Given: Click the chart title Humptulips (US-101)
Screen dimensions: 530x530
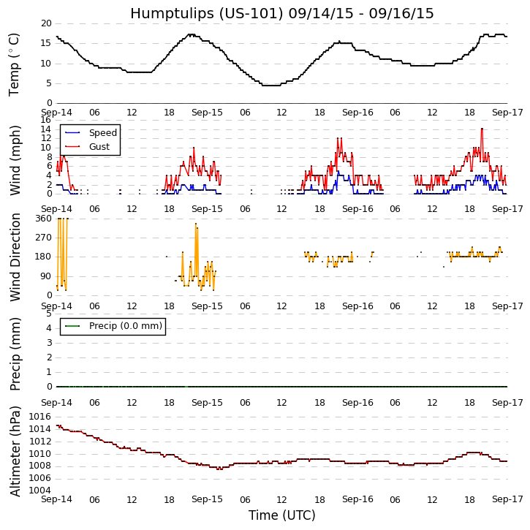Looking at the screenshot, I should pos(281,13).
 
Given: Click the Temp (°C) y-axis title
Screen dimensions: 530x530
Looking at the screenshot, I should pos(15,64).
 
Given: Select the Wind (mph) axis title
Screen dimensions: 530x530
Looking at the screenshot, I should pos(15,159).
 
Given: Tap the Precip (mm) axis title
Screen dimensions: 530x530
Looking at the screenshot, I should pos(15,353).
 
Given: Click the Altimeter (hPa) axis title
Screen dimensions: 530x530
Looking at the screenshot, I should pos(15,450).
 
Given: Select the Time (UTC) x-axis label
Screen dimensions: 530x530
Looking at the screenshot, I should pos(281,515).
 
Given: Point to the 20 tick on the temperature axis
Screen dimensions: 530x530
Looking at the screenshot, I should pos(46,23).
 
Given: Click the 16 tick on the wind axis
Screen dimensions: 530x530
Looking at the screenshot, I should pos(46,120).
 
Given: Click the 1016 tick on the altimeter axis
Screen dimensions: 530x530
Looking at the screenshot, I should pos(39,417).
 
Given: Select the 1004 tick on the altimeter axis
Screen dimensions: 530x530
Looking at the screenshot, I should pos(39,491).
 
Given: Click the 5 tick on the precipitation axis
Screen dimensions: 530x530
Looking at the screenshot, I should pos(49,314).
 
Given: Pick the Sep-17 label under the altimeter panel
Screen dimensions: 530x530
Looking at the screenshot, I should pos(507,499).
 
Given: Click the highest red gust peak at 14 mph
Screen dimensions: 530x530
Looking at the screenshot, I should pos(482,129).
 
